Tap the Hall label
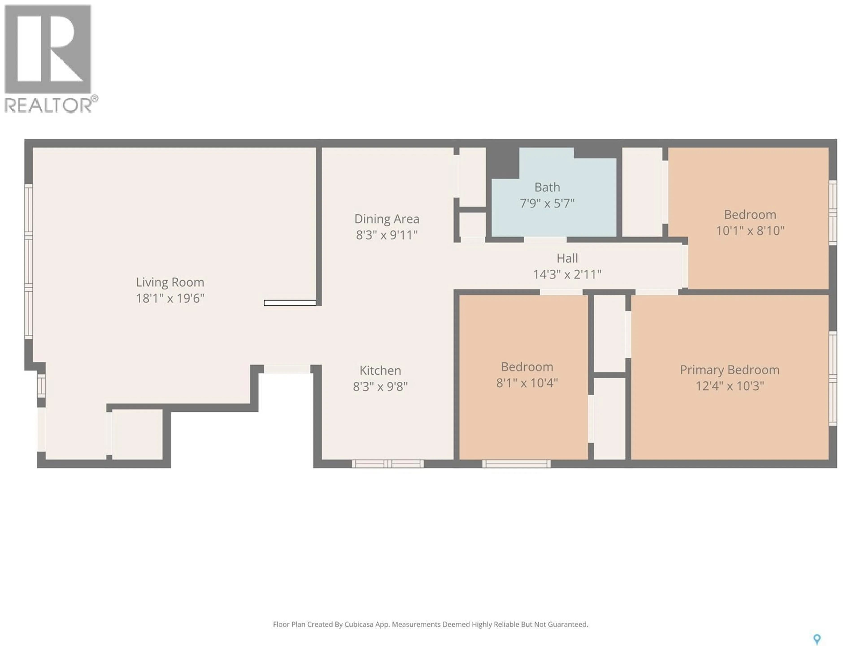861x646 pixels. pyautogui.click(x=567, y=258)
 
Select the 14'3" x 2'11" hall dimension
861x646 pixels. pyautogui.click(x=567, y=275)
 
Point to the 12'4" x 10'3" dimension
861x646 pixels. pyautogui.click(x=729, y=386)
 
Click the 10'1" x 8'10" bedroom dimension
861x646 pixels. pyautogui.click(x=750, y=231)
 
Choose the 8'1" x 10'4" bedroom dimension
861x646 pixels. pyautogui.click(x=527, y=383)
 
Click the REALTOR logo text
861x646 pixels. pyautogui.click(x=49, y=105)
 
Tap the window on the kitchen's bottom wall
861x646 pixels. pyautogui.click(x=388, y=463)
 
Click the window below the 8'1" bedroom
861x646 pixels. pyautogui.click(x=516, y=463)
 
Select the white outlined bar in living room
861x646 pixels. pyautogui.click(x=290, y=303)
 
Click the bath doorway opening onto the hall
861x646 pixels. pyautogui.click(x=545, y=240)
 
